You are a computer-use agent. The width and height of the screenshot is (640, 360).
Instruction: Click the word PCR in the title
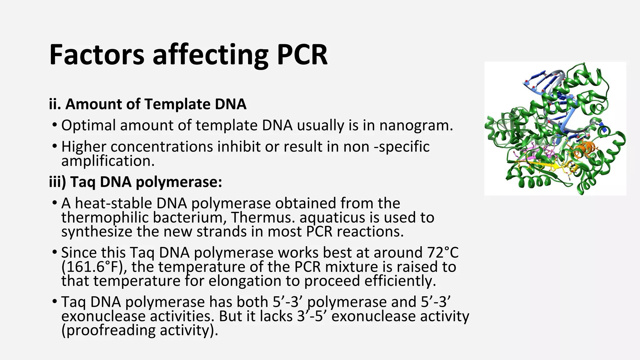pos(302,55)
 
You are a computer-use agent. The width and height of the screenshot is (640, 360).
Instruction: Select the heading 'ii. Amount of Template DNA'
pos(147,104)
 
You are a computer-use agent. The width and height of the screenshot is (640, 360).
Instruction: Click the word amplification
pos(108,161)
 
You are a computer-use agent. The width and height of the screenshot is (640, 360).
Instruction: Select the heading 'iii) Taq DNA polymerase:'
pos(135,182)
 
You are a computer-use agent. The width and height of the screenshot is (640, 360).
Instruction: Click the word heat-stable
pos(113,203)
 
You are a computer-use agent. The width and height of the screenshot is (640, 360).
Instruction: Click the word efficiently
pos(401,281)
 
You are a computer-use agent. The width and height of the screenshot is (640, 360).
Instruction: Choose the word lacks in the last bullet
pos(276,316)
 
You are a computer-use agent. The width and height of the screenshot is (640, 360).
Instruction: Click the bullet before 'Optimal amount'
pos(55,125)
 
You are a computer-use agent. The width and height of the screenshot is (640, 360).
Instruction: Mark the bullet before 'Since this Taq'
pos(55,252)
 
